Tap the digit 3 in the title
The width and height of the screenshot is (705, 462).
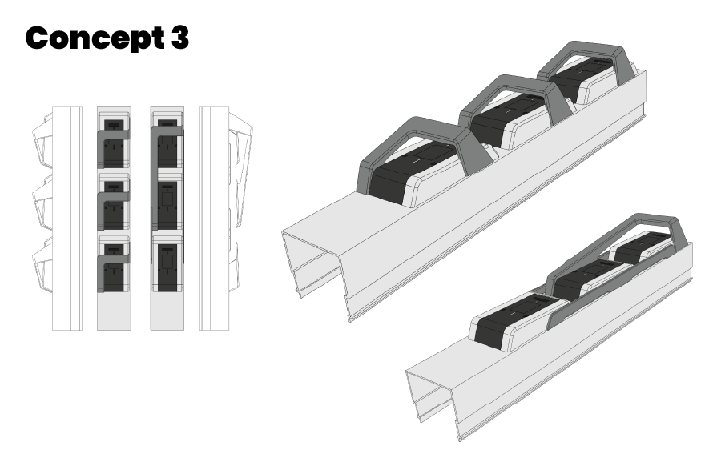[179, 38]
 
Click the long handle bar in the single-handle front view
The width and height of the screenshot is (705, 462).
[154, 192]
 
